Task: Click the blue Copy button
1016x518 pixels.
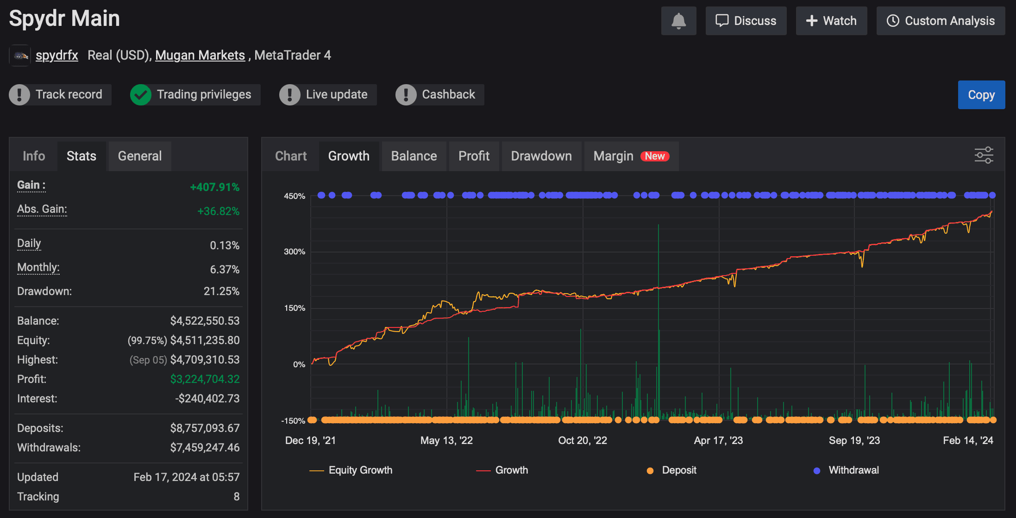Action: [x=981, y=95]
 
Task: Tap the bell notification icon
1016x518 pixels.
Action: [x=678, y=21]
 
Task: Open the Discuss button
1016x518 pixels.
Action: [x=746, y=21]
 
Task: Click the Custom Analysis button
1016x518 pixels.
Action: [x=941, y=21]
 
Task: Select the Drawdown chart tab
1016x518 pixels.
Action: [x=541, y=156]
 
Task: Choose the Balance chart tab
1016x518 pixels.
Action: [x=414, y=156]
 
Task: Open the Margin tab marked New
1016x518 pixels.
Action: [x=631, y=156]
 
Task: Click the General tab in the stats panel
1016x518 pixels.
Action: [x=140, y=156]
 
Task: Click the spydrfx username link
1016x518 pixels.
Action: [x=57, y=55]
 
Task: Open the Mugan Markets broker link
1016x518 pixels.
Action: [x=200, y=55]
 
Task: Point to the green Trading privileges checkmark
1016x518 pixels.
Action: [x=141, y=95]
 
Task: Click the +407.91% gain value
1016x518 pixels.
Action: [x=215, y=187]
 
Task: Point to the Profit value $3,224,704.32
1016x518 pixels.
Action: [x=205, y=379]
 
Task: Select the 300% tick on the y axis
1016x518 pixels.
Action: [x=295, y=252]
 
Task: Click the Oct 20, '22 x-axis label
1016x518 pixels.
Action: [x=583, y=440]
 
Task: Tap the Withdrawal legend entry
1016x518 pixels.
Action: [x=846, y=470]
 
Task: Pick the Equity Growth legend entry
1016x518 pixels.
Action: [x=351, y=470]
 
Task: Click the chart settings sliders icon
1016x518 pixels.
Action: [x=984, y=155]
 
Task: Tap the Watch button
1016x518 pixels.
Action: [x=831, y=21]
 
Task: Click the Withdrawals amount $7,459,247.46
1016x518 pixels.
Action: [x=205, y=448]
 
